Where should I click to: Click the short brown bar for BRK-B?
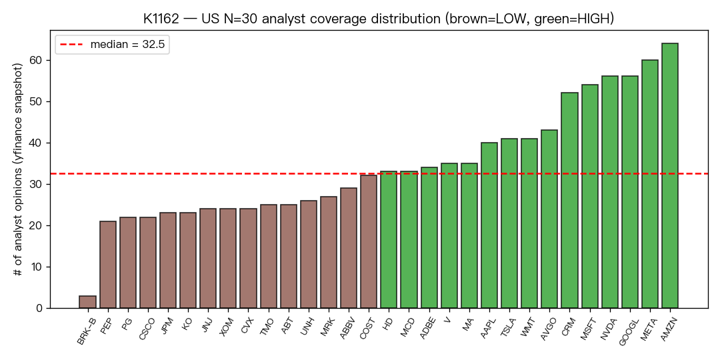tap(88, 302)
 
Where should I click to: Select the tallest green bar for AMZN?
tap(670, 175)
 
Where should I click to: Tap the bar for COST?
tap(369, 241)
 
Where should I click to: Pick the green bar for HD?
tap(389, 240)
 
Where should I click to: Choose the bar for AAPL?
tap(489, 225)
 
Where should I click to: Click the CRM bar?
tap(570, 200)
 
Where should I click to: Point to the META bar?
tap(650, 184)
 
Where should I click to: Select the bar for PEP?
tap(108, 265)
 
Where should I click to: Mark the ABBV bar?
tap(349, 248)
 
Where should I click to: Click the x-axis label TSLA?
tap(507, 325)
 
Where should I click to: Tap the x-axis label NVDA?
tap(607, 325)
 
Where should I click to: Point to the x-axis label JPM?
tap(165, 325)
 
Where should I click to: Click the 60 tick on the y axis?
tap(37, 60)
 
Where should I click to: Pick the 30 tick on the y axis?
tap(37, 184)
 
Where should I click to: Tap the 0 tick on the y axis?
tap(41, 308)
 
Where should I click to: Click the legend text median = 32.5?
tap(127, 45)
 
